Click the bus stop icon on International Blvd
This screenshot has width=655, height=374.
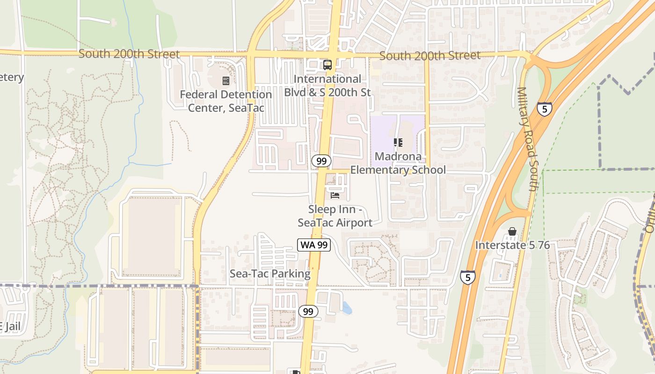[x=327, y=65]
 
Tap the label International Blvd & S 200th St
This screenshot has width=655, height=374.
[x=327, y=86]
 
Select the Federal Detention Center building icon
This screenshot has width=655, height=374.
[x=226, y=81]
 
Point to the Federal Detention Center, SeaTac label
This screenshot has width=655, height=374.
[x=226, y=101]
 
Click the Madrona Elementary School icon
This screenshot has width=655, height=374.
[x=398, y=142]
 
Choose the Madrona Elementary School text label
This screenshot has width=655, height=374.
[x=398, y=163]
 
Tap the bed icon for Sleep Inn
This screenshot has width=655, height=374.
[x=335, y=195]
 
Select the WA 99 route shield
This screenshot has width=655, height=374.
[x=314, y=245]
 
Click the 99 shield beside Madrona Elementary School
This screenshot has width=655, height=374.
[x=321, y=161]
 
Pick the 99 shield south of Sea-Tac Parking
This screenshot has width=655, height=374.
[x=308, y=311]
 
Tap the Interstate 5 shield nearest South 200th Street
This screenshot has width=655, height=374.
[x=544, y=109]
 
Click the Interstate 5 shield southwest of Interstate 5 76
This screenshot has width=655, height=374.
[x=468, y=277]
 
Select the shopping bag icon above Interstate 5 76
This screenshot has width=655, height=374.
[x=512, y=232]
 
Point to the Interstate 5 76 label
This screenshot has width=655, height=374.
[x=512, y=245]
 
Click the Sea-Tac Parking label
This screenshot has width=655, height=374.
[x=270, y=274]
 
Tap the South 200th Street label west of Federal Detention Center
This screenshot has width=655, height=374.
[x=129, y=54]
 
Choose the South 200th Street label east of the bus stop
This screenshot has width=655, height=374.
[x=429, y=56]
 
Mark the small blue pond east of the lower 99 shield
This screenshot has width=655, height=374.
[x=346, y=308]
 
